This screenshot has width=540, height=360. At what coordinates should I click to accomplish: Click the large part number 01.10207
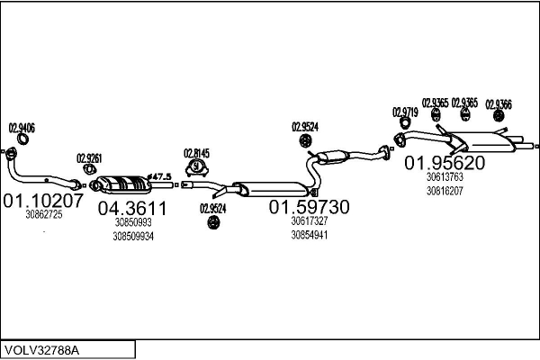(x=43, y=201)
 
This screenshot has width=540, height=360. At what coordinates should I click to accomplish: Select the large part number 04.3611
(x=132, y=208)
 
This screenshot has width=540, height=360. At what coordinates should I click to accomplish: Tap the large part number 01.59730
(x=309, y=207)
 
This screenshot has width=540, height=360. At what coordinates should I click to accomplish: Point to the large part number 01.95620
(x=445, y=163)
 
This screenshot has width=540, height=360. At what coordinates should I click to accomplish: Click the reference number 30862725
(x=44, y=214)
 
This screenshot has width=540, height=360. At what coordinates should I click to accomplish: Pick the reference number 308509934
(x=133, y=237)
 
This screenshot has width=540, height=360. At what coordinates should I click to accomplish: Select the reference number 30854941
(x=310, y=235)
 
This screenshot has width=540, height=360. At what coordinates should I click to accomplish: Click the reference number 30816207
(x=445, y=191)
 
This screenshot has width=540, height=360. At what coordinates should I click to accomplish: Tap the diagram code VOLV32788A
(x=41, y=350)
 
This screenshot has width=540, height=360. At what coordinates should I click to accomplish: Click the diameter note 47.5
(x=159, y=177)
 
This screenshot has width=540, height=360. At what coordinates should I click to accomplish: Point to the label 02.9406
(x=22, y=128)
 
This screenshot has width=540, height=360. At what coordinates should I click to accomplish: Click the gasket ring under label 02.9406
(x=22, y=139)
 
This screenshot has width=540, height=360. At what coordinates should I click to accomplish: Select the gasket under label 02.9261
(x=89, y=169)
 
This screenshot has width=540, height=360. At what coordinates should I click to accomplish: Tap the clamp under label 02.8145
(x=196, y=167)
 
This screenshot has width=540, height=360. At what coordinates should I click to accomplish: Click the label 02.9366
(x=499, y=104)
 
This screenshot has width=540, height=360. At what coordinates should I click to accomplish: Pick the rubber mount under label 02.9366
(x=498, y=116)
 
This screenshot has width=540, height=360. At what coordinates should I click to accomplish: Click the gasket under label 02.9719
(x=405, y=123)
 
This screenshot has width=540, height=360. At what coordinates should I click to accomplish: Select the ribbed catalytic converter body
(x=122, y=184)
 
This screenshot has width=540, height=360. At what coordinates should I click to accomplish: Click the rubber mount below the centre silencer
(x=213, y=222)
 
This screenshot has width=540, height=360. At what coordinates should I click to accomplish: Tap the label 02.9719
(x=405, y=112)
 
